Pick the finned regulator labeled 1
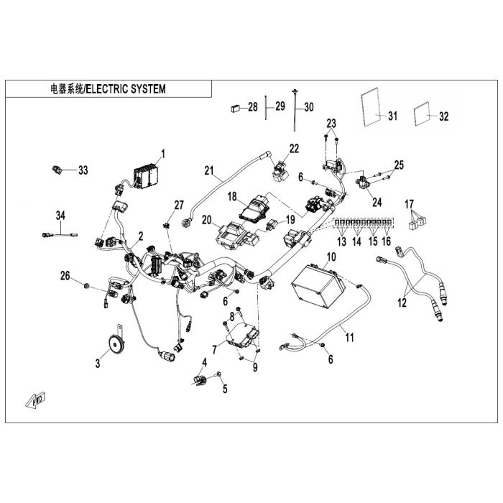tap(147, 174)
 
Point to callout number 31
tap(392, 116)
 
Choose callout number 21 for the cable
tap(209, 170)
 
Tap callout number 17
tap(410, 203)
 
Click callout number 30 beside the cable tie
tap(309, 108)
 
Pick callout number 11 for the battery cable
tap(349, 335)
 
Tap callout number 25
tap(399, 165)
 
